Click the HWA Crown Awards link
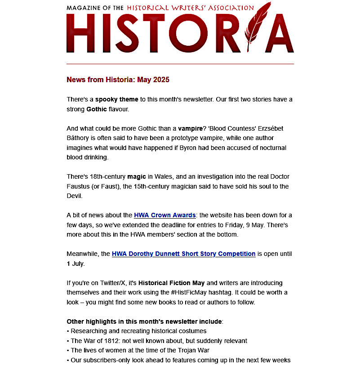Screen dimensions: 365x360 164,215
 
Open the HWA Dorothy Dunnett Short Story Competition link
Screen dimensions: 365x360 183,254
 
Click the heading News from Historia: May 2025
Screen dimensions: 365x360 118,80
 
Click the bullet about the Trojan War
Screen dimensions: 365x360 151,351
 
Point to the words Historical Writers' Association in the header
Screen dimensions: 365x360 190,8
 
